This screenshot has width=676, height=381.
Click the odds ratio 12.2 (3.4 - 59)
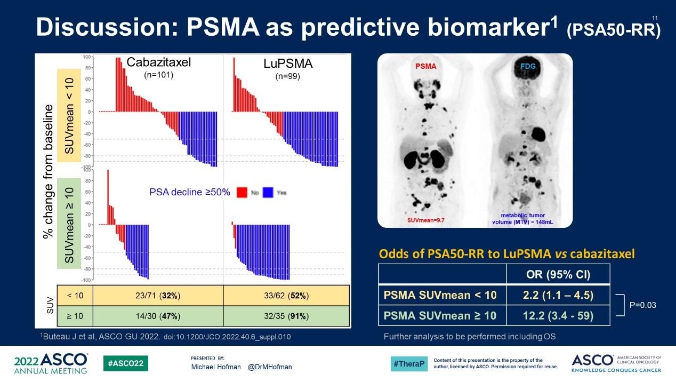click(x=558, y=315)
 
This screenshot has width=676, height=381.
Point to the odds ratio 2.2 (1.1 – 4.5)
click(x=558, y=294)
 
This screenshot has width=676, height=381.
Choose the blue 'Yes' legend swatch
click(x=268, y=192)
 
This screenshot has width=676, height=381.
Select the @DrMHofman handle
click(x=270, y=367)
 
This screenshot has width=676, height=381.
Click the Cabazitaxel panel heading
click(x=158, y=63)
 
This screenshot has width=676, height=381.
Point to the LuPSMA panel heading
click(x=288, y=63)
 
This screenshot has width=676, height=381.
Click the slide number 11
click(x=655, y=19)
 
